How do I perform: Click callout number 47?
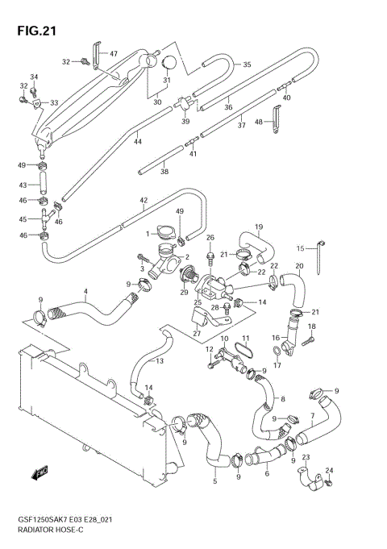[113, 54]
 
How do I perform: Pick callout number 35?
[247, 64]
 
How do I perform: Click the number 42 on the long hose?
[144, 201]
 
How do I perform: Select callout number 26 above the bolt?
[210, 238]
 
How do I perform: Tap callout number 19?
[260, 227]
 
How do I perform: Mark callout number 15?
[300, 247]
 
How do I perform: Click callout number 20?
[298, 267]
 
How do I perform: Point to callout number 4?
[85, 291]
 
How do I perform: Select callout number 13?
[160, 360]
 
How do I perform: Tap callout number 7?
[310, 417]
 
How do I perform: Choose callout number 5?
[214, 481]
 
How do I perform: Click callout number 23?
[306, 458]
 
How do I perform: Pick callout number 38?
[164, 171]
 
